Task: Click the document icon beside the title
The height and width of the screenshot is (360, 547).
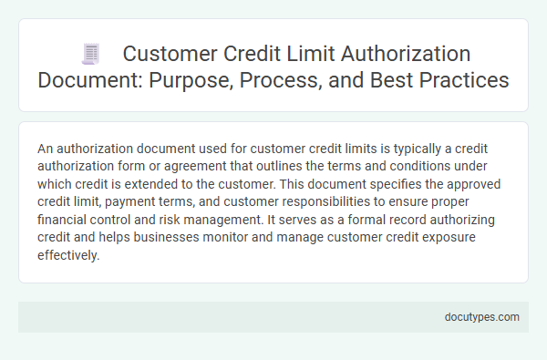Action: (x=90, y=55)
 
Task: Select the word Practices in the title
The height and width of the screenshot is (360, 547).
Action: (x=461, y=79)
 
